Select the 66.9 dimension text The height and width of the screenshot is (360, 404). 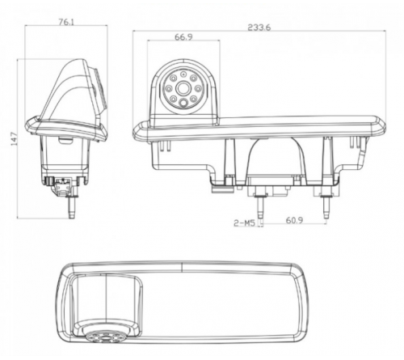pos(185,37)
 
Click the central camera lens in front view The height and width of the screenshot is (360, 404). pos(183,88)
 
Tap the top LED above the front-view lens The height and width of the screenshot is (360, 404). pos(183,74)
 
